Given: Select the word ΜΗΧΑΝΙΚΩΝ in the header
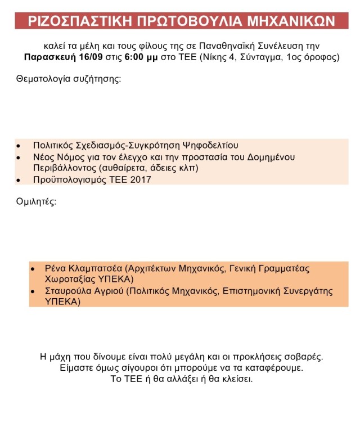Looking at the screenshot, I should [x=292, y=21].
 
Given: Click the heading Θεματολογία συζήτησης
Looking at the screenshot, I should [x=69, y=78].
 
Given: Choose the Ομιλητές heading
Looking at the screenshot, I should [x=36, y=201].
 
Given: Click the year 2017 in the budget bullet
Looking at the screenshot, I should [x=139, y=180].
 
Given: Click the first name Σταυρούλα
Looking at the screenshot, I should [x=68, y=291].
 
